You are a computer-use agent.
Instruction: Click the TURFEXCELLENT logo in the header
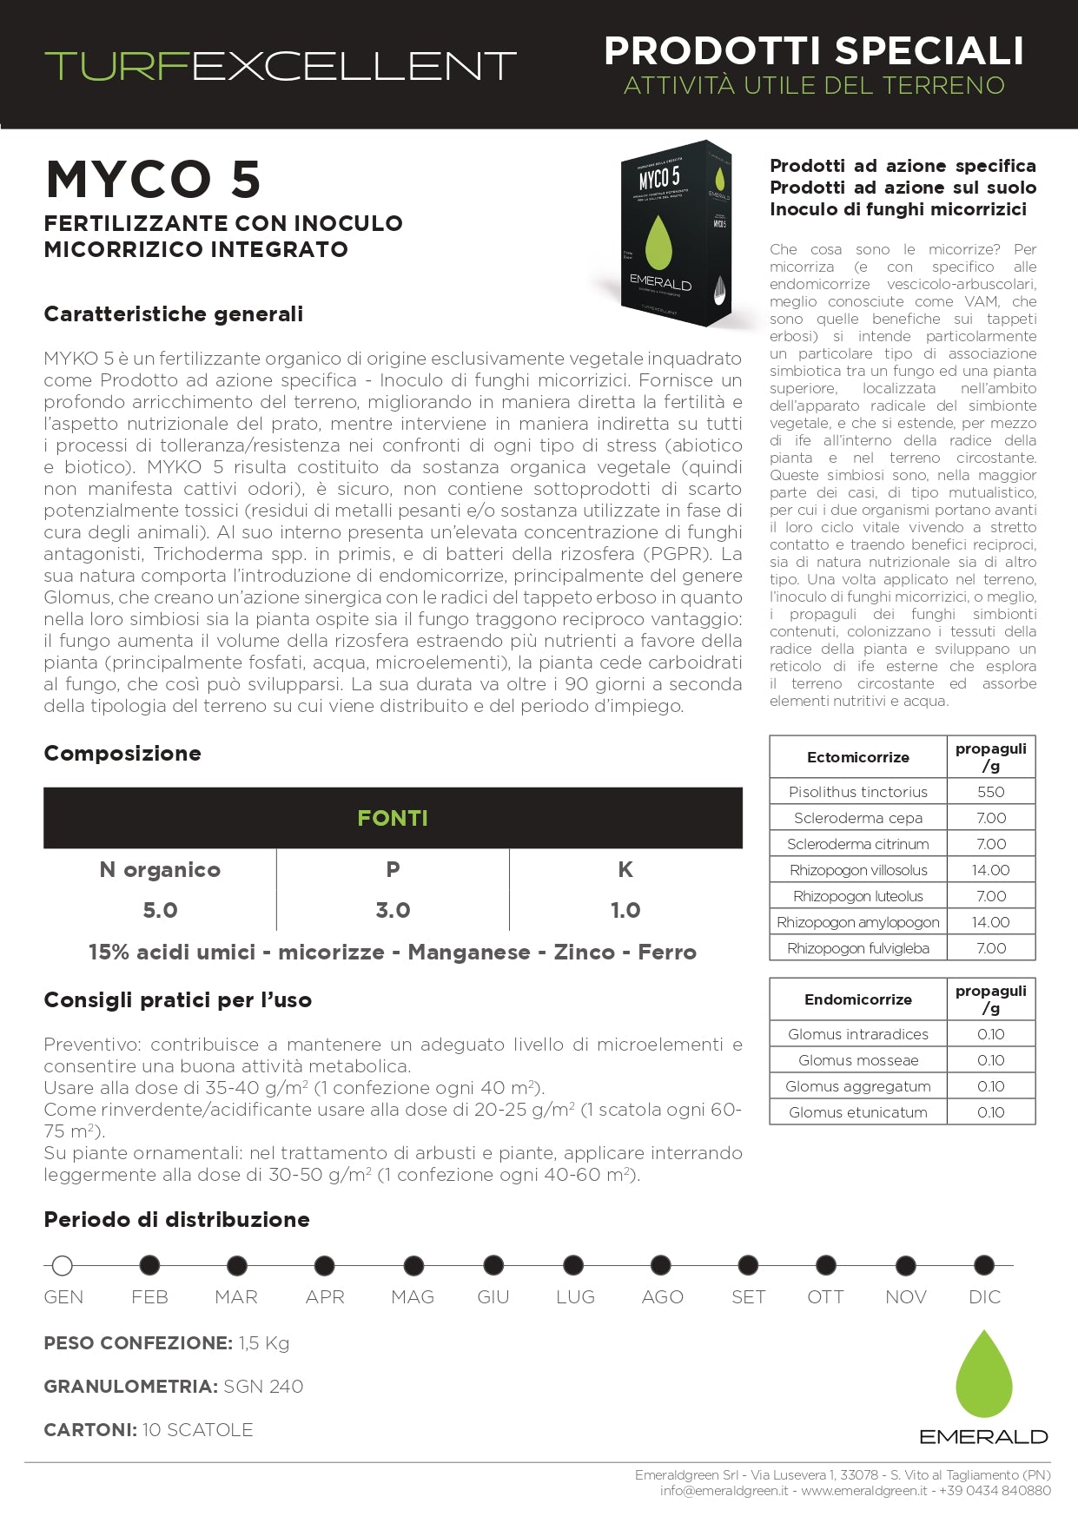(x=280, y=66)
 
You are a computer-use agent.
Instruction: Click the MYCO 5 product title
(x=154, y=180)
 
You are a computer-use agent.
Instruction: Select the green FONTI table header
(x=393, y=818)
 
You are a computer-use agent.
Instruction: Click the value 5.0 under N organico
(x=160, y=910)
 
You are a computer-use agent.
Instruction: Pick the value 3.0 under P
(x=393, y=910)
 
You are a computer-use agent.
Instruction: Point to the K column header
(x=625, y=869)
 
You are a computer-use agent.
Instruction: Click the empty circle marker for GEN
(x=62, y=1266)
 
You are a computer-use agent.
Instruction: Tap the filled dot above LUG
(x=573, y=1266)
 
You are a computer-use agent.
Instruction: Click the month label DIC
(x=984, y=1296)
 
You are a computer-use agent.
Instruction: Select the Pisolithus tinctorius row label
(x=857, y=792)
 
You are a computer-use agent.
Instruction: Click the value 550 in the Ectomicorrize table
(x=990, y=792)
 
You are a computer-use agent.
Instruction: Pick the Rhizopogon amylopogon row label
(x=857, y=922)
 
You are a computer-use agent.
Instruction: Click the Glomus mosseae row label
(x=857, y=1060)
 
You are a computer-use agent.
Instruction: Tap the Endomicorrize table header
(x=857, y=999)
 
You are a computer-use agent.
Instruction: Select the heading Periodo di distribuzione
(x=176, y=1219)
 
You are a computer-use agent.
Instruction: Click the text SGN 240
(x=263, y=1387)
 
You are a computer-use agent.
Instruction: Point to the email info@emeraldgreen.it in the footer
(x=724, y=1491)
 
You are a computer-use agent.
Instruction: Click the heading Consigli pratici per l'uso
(x=177, y=1000)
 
